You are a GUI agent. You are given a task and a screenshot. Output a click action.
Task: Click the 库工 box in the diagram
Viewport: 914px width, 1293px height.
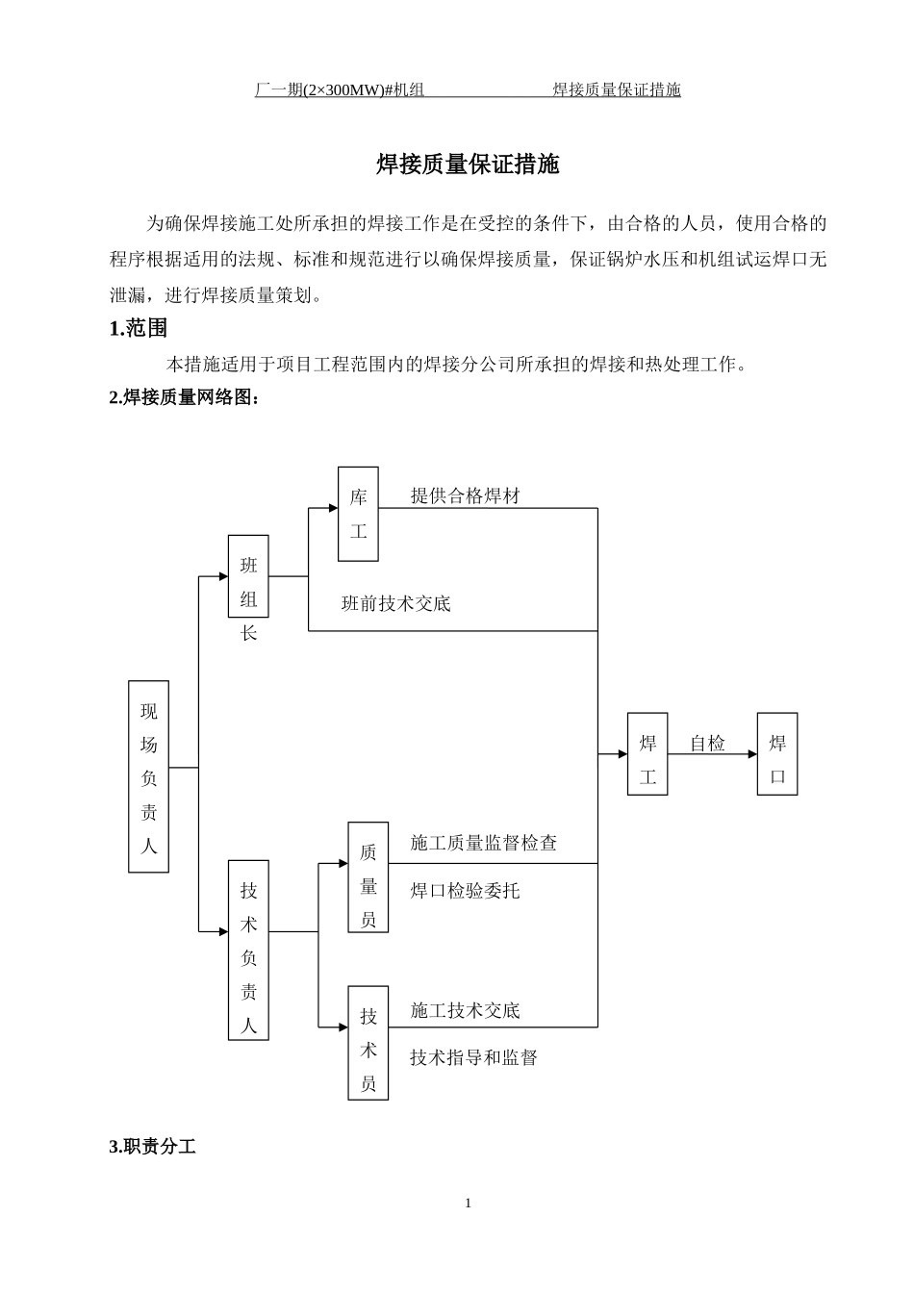coord(358,514)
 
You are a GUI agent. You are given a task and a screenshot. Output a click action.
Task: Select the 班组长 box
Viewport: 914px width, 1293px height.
coord(248,576)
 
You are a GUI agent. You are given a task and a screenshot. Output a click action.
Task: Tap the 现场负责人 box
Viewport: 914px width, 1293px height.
coord(148,776)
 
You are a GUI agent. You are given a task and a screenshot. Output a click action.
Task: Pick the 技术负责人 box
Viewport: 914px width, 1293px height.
coord(248,950)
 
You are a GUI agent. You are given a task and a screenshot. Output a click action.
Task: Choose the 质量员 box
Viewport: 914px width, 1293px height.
coord(368,876)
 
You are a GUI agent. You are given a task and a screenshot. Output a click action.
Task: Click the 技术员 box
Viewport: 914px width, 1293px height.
coord(368,1043)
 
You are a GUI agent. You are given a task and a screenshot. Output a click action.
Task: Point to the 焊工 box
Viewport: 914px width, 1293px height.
coord(647,754)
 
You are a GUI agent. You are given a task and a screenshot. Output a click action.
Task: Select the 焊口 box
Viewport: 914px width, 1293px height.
coord(777,754)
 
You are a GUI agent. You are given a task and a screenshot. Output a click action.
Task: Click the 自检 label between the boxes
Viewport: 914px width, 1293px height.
coord(708,744)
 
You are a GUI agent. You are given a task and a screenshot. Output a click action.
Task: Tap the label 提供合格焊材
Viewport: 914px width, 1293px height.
coord(465,496)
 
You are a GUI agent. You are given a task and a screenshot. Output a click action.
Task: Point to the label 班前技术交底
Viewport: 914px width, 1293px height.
coord(396,604)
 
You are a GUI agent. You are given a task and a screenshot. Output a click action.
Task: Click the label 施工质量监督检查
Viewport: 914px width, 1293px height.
coord(483,844)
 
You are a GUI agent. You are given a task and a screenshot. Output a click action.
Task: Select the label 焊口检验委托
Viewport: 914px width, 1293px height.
coord(465,892)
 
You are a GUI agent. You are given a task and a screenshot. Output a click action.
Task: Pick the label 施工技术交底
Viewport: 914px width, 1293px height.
coord(465,1011)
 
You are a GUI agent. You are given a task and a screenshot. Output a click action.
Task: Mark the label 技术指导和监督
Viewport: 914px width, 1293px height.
coord(473,1058)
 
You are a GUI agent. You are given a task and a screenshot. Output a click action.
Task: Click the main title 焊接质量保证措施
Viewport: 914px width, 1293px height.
coord(468,165)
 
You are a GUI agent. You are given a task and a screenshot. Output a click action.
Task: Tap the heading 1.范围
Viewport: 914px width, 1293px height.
coord(139,329)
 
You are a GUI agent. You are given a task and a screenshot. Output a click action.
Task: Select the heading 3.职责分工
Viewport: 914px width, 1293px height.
coord(153,1147)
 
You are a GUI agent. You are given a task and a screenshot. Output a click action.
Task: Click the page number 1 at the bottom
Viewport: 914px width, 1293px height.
coord(469,1204)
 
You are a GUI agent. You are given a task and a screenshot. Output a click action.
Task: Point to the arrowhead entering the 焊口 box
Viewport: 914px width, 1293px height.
coord(752,754)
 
